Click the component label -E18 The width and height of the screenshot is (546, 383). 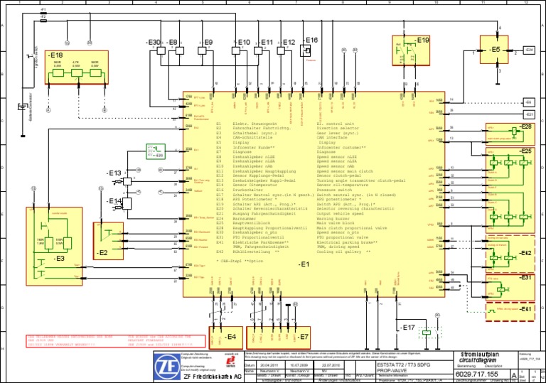point(55,55)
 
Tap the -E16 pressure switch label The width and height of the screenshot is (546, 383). point(311,40)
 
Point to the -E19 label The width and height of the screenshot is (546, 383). point(422,41)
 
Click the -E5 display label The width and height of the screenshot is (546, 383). point(495,50)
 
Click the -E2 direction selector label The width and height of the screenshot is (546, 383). point(102,252)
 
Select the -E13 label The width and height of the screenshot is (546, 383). point(114,173)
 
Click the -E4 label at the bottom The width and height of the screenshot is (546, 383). point(230,336)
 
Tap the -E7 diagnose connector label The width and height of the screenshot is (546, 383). point(301,336)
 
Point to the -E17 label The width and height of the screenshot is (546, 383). point(408,328)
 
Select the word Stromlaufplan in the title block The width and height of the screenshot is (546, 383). point(479,353)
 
